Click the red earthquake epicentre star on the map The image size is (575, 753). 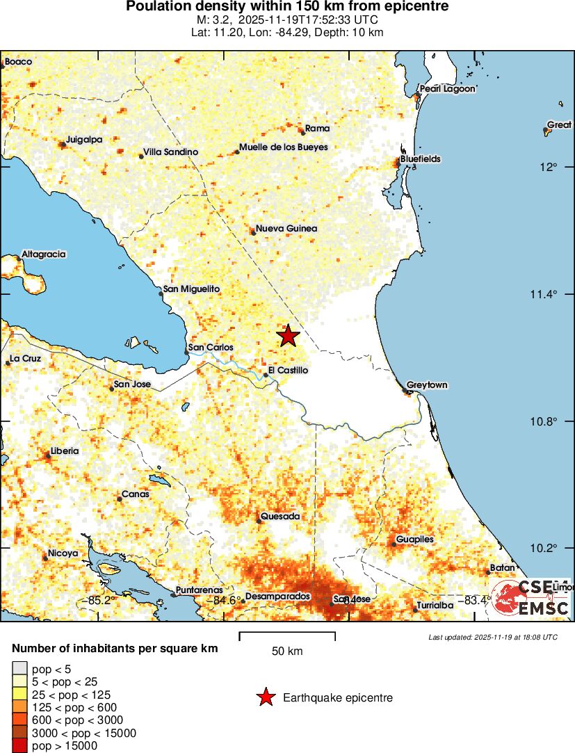[289, 336]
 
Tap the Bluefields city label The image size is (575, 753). [420, 159]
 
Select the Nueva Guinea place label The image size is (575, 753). [286, 229]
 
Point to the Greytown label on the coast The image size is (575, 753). [427, 385]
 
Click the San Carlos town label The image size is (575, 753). [211, 348]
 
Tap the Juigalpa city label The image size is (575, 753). [84, 139]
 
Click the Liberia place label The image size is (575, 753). [64, 451]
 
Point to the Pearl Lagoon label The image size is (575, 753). [448, 89]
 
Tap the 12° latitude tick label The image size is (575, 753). [551, 167]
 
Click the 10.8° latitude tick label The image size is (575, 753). [544, 421]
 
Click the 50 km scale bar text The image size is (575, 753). [286, 651]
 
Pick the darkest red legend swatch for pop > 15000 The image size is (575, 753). [18, 746]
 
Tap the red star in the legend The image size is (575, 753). [265, 697]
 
